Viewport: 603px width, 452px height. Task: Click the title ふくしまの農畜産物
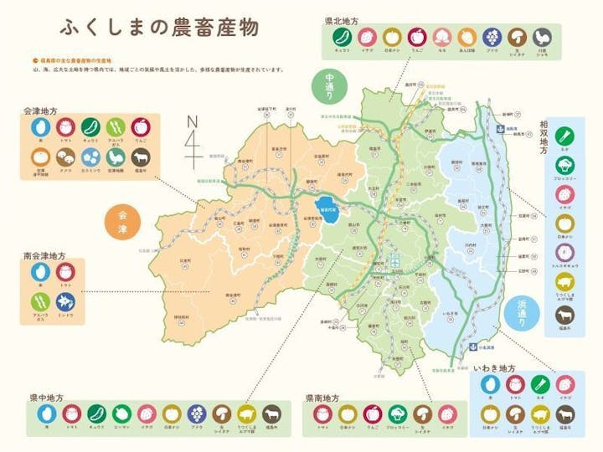point(159,28)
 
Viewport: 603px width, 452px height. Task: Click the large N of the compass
point(192,121)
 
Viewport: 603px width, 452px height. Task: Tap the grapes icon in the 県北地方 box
point(492,36)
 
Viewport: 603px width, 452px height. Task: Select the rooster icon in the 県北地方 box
point(543,36)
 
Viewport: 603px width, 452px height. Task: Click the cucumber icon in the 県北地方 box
point(342,36)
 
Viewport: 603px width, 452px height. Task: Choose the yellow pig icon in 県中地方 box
point(245,413)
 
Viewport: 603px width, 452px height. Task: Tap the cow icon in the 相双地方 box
point(563,316)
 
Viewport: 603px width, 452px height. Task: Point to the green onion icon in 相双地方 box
point(563,136)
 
